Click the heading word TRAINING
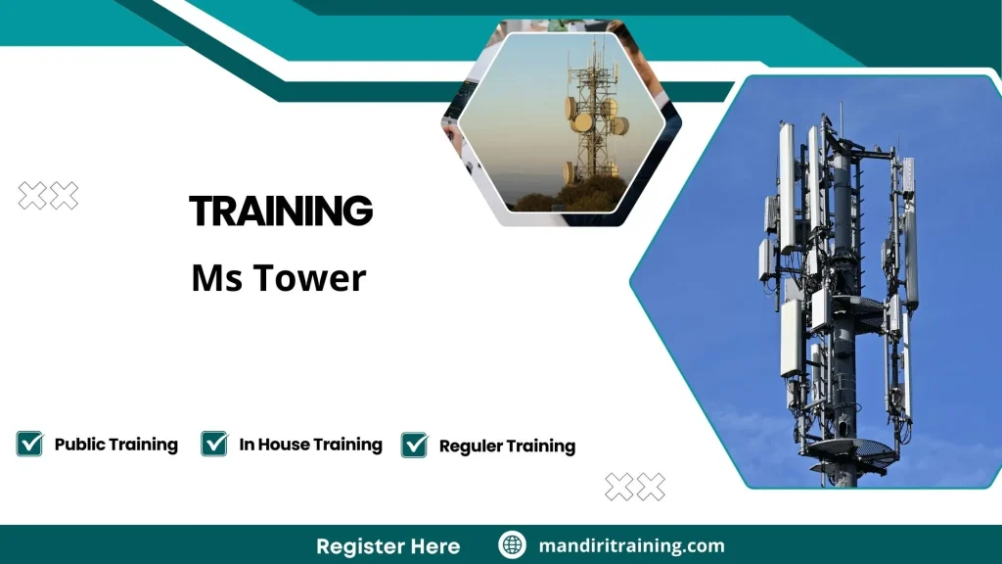coord(281,211)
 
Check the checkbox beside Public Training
coord(29,444)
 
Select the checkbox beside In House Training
coord(214,444)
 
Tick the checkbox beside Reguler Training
coord(415,445)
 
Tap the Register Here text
coord(387,546)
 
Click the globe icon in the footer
coord(512,545)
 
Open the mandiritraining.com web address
coord(632,546)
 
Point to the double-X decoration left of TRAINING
coord(48,196)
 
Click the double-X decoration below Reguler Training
coord(634,487)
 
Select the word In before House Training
coord(248,445)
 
